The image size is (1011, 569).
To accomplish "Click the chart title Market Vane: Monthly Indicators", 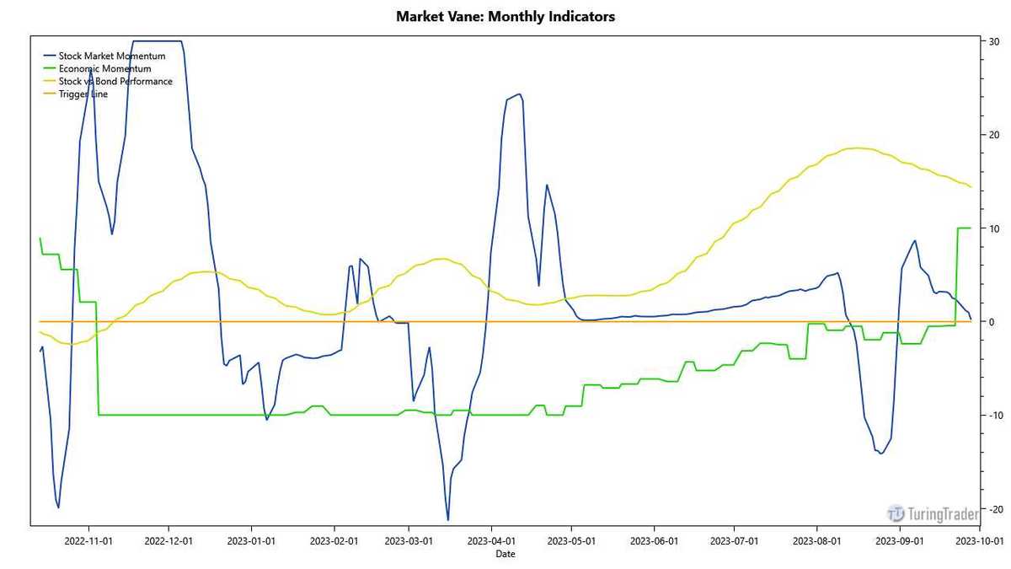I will point(505,16).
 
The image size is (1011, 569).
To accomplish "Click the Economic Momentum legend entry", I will point(104,68).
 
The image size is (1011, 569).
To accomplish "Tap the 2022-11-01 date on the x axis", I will point(89,540).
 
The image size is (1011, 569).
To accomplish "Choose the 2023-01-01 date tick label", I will point(252,540).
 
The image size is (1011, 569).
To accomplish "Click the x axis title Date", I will point(505,554).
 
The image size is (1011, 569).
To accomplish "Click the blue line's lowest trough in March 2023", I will point(447,519).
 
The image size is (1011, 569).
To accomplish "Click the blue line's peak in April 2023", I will point(519,94).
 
